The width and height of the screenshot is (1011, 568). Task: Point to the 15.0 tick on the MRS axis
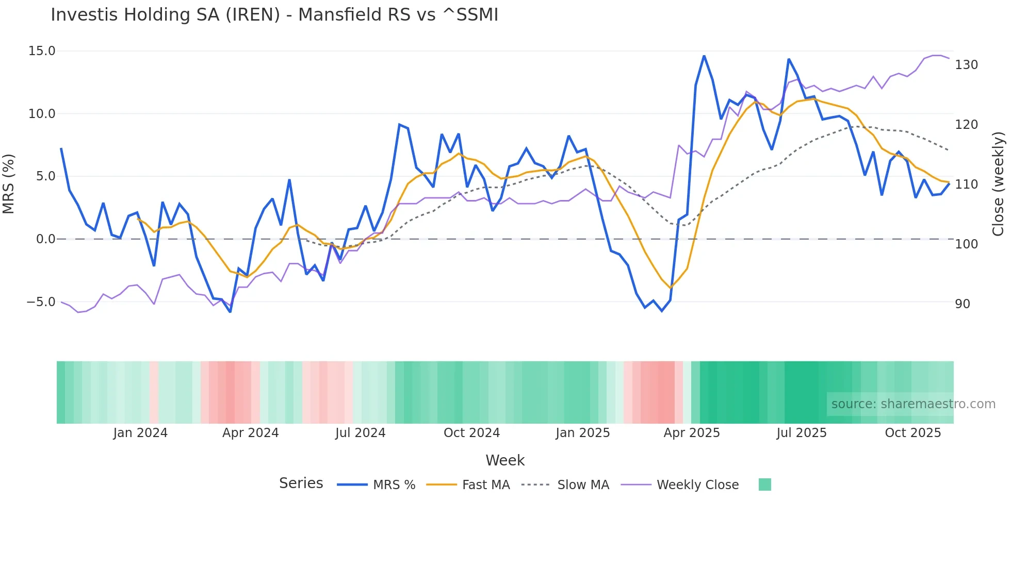click(42, 51)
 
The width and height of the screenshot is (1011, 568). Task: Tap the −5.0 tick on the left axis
click(41, 302)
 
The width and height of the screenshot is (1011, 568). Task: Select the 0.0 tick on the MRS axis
click(45, 239)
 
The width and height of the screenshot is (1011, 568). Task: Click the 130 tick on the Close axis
click(966, 65)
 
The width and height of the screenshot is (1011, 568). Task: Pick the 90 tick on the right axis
click(963, 304)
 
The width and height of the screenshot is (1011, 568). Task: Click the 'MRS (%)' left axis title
click(9, 184)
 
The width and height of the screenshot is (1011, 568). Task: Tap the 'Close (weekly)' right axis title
click(998, 184)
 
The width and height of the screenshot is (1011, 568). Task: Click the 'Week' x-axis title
click(505, 460)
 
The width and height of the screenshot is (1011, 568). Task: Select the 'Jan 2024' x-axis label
click(140, 433)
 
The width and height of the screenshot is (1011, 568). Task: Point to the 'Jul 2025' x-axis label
click(801, 433)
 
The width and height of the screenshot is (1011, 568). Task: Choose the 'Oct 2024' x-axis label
click(471, 433)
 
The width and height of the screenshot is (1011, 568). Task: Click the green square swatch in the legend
click(765, 485)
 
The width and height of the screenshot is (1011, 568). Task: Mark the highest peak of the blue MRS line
click(704, 56)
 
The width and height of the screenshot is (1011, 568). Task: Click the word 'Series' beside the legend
click(301, 483)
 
